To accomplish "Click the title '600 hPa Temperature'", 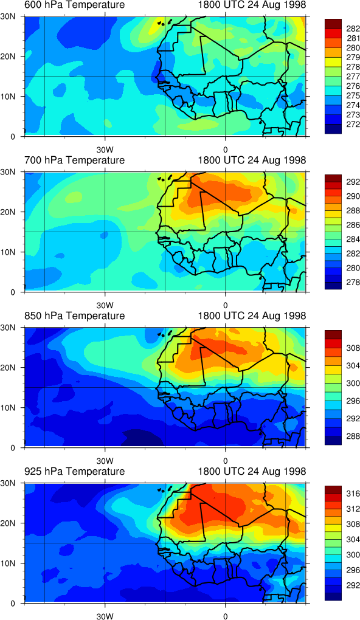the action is point(74,5).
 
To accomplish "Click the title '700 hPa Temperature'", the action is point(74,160).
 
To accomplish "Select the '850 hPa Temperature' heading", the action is point(74,316).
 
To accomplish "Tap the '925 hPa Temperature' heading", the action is point(74,471).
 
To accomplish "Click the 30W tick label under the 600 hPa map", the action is point(105,150).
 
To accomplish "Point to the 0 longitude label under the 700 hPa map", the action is point(225,306).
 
